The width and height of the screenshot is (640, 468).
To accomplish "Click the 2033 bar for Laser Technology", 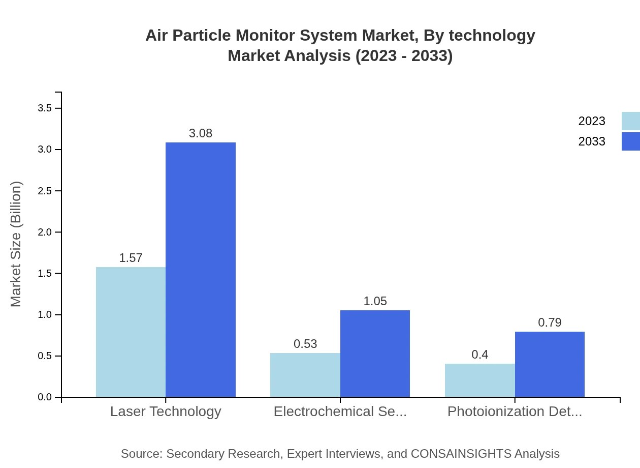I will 201,270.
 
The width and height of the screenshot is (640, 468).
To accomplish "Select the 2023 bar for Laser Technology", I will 131,332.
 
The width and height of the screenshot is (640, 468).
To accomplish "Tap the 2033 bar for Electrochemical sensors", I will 375,354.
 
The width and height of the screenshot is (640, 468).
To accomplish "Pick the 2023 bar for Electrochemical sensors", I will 305,375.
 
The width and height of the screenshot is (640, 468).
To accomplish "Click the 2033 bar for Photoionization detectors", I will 550,364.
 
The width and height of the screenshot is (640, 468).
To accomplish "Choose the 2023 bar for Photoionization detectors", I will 479,380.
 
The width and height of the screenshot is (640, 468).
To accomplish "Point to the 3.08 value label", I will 201,133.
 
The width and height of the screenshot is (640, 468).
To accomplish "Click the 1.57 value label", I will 131,258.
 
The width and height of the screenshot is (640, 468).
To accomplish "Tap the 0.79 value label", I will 550,323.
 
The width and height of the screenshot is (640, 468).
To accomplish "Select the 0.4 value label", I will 479,355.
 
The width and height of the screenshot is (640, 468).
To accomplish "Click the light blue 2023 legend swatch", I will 630,121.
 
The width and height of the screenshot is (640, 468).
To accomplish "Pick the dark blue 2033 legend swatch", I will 630,141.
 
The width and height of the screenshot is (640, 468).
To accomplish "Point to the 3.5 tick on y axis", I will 45,108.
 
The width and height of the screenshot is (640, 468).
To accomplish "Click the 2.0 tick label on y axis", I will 45,232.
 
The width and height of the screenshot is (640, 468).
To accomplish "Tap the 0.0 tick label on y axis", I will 45,397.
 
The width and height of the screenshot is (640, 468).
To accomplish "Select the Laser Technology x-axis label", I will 166,412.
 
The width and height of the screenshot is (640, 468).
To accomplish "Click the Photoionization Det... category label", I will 515,412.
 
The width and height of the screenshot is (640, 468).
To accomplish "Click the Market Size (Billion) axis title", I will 16,244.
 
